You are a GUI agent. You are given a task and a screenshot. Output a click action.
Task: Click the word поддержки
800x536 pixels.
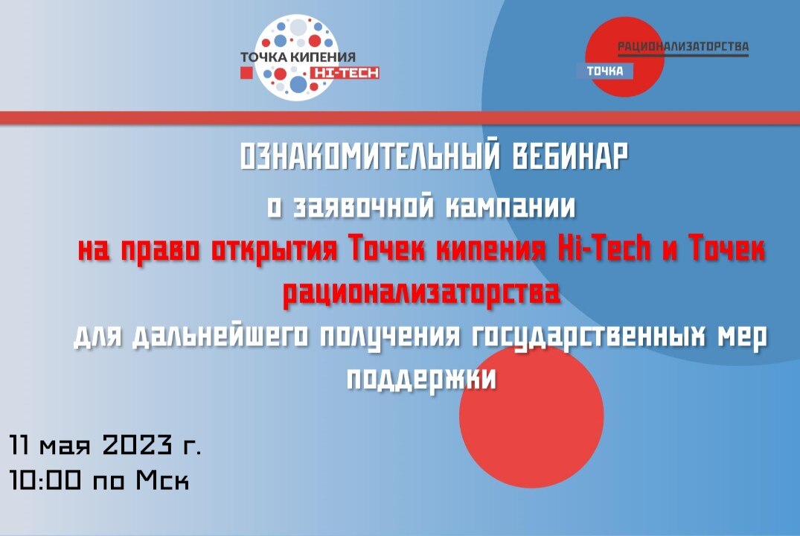tap(421, 379)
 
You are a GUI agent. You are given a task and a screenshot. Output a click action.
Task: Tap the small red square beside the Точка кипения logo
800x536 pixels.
tap(246, 72)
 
